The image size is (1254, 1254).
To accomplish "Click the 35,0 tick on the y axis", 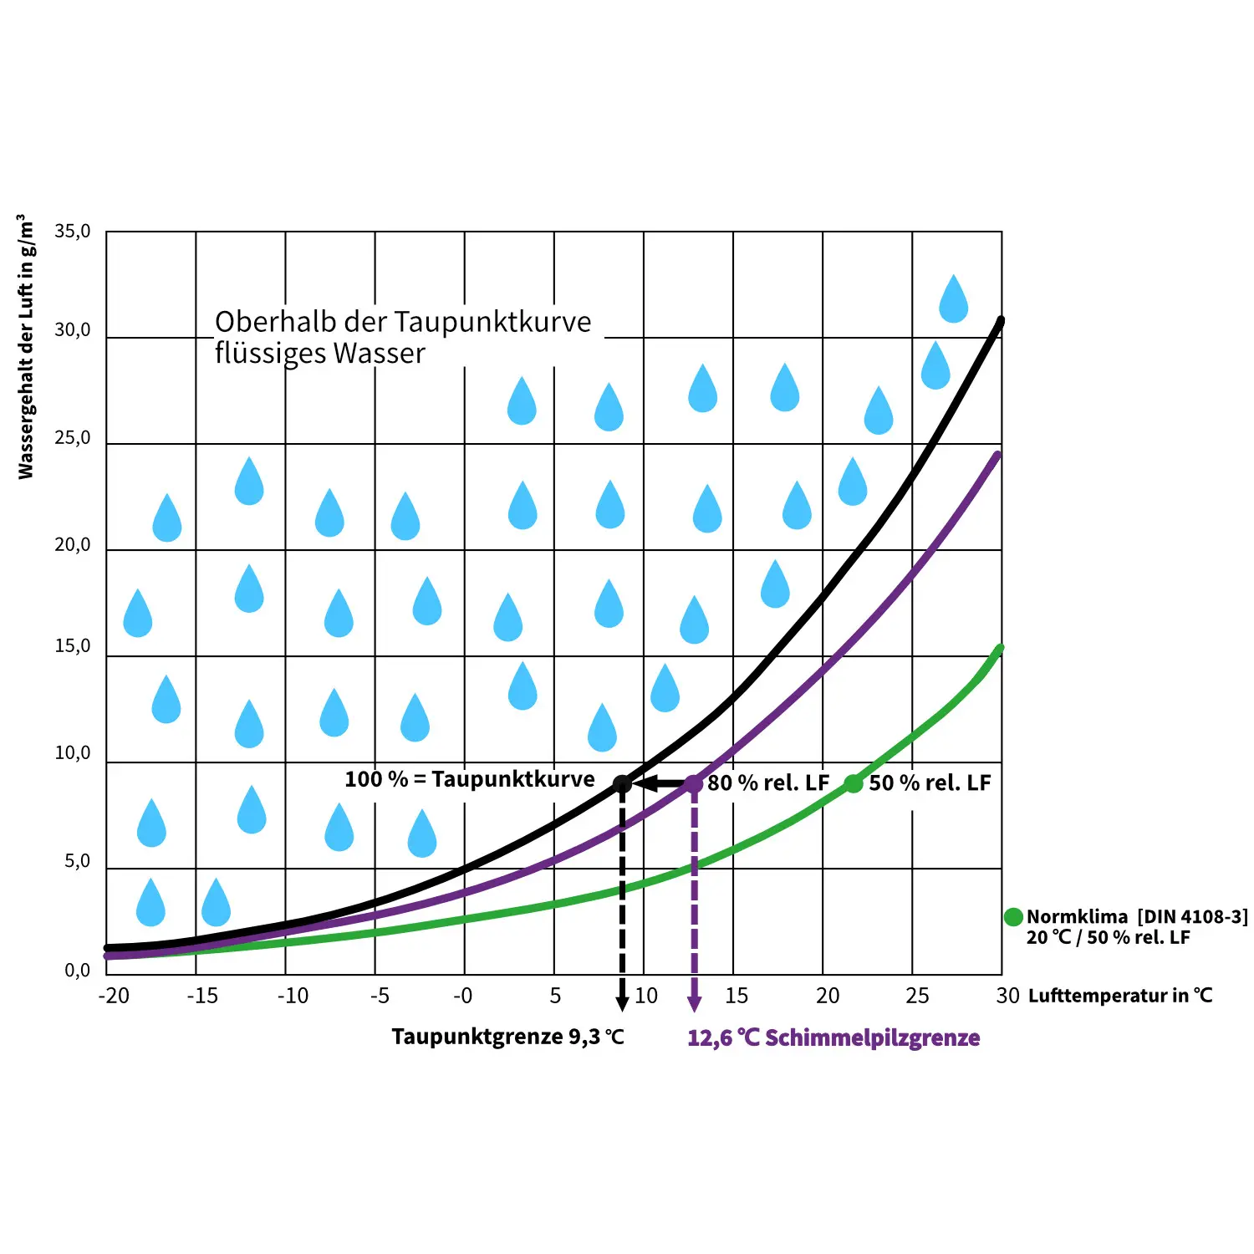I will pos(72,231).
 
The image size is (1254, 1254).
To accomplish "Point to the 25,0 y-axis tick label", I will pos(72,438).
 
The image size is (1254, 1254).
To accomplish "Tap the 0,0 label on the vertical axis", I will pos(77,970).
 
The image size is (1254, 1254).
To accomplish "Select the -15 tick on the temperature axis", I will pos(202,996).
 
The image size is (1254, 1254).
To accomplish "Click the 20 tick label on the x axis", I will pos(828,996).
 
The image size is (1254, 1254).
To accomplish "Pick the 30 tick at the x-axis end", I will pos(1007,996).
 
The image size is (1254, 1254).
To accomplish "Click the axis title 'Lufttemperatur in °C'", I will pos(1120,996).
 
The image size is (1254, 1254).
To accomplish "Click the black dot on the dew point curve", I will pos(622,784).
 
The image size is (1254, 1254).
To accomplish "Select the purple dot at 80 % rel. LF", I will pos(693,784).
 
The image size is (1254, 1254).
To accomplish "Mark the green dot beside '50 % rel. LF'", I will pos(853,784).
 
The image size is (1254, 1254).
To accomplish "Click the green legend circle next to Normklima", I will pos(1013,917).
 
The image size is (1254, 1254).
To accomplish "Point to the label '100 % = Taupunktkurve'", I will pos(470,779).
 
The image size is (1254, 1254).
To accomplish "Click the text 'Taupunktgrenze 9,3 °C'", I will pos(508,1037).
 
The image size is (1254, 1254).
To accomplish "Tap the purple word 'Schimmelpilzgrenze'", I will pos(872,1037).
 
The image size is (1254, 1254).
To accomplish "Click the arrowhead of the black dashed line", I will pos(622,1003).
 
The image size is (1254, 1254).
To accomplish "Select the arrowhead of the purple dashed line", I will pos(694,1003).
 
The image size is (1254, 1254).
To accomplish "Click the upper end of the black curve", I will pos(1000,321).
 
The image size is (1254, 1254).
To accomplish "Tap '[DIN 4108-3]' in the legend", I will pos(1192,917).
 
